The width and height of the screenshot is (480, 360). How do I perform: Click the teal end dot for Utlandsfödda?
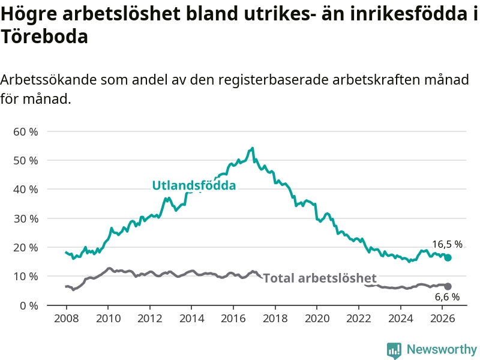click(x=448, y=258)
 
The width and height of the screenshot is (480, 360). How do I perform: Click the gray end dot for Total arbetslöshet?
click(x=448, y=287)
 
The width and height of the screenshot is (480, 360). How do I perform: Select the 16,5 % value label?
click(x=447, y=244)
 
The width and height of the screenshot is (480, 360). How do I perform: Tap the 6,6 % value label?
click(x=447, y=297)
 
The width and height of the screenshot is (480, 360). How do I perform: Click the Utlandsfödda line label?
click(x=194, y=185)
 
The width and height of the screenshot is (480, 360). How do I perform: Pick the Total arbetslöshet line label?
click(x=320, y=278)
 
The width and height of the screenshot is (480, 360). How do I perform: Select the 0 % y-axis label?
click(x=29, y=305)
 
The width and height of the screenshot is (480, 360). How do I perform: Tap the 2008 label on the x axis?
click(x=66, y=319)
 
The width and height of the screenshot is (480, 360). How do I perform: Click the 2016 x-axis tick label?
click(x=233, y=319)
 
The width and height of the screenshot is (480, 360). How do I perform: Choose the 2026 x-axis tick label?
click(x=443, y=319)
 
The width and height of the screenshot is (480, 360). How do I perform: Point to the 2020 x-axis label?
click(x=317, y=319)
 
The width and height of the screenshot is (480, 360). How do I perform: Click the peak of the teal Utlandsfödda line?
click(x=252, y=148)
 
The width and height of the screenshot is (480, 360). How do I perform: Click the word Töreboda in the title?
click(x=44, y=37)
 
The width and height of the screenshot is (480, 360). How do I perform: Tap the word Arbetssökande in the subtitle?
click(x=49, y=80)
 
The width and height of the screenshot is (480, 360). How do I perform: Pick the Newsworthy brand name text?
click(x=442, y=349)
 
